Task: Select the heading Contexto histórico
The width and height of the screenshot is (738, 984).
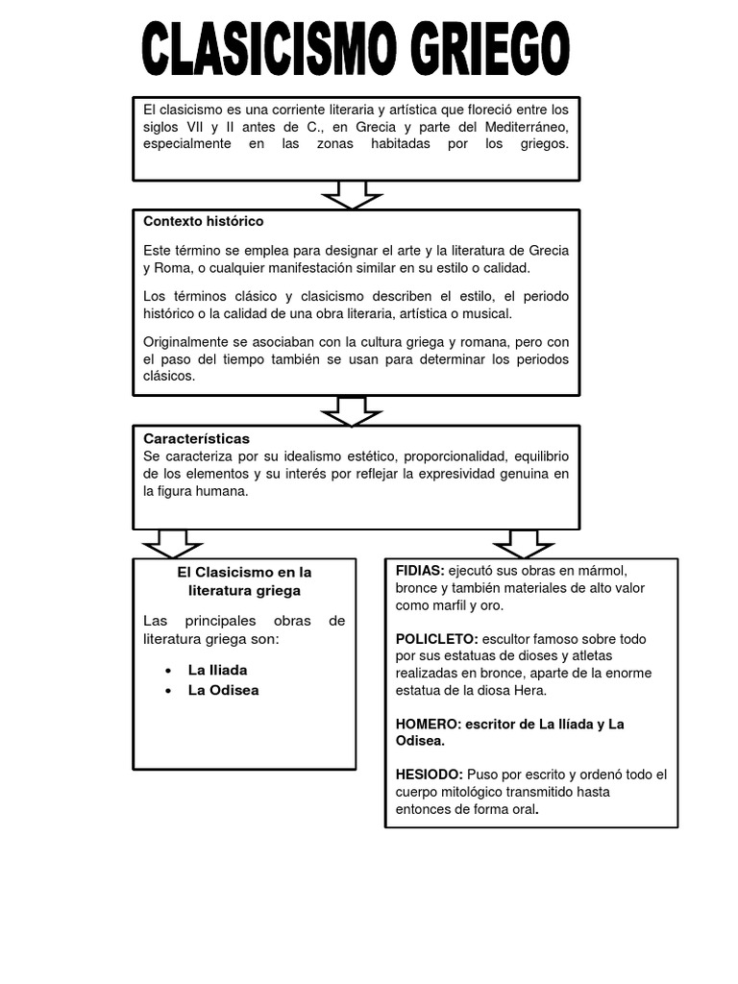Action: (x=203, y=221)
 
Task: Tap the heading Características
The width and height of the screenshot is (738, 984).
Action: (x=196, y=438)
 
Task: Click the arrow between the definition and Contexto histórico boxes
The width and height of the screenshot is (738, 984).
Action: (x=353, y=194)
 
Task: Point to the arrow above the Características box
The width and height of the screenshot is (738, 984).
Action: (x=353, y=410)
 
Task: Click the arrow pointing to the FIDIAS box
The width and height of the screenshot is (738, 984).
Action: (x=524, y=543)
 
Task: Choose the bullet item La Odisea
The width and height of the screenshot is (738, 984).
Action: (x=223, y=690)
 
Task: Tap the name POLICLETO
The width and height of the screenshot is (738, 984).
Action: (x=436, y=639)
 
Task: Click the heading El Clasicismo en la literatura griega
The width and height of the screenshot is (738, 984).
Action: (x=245, y=581)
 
